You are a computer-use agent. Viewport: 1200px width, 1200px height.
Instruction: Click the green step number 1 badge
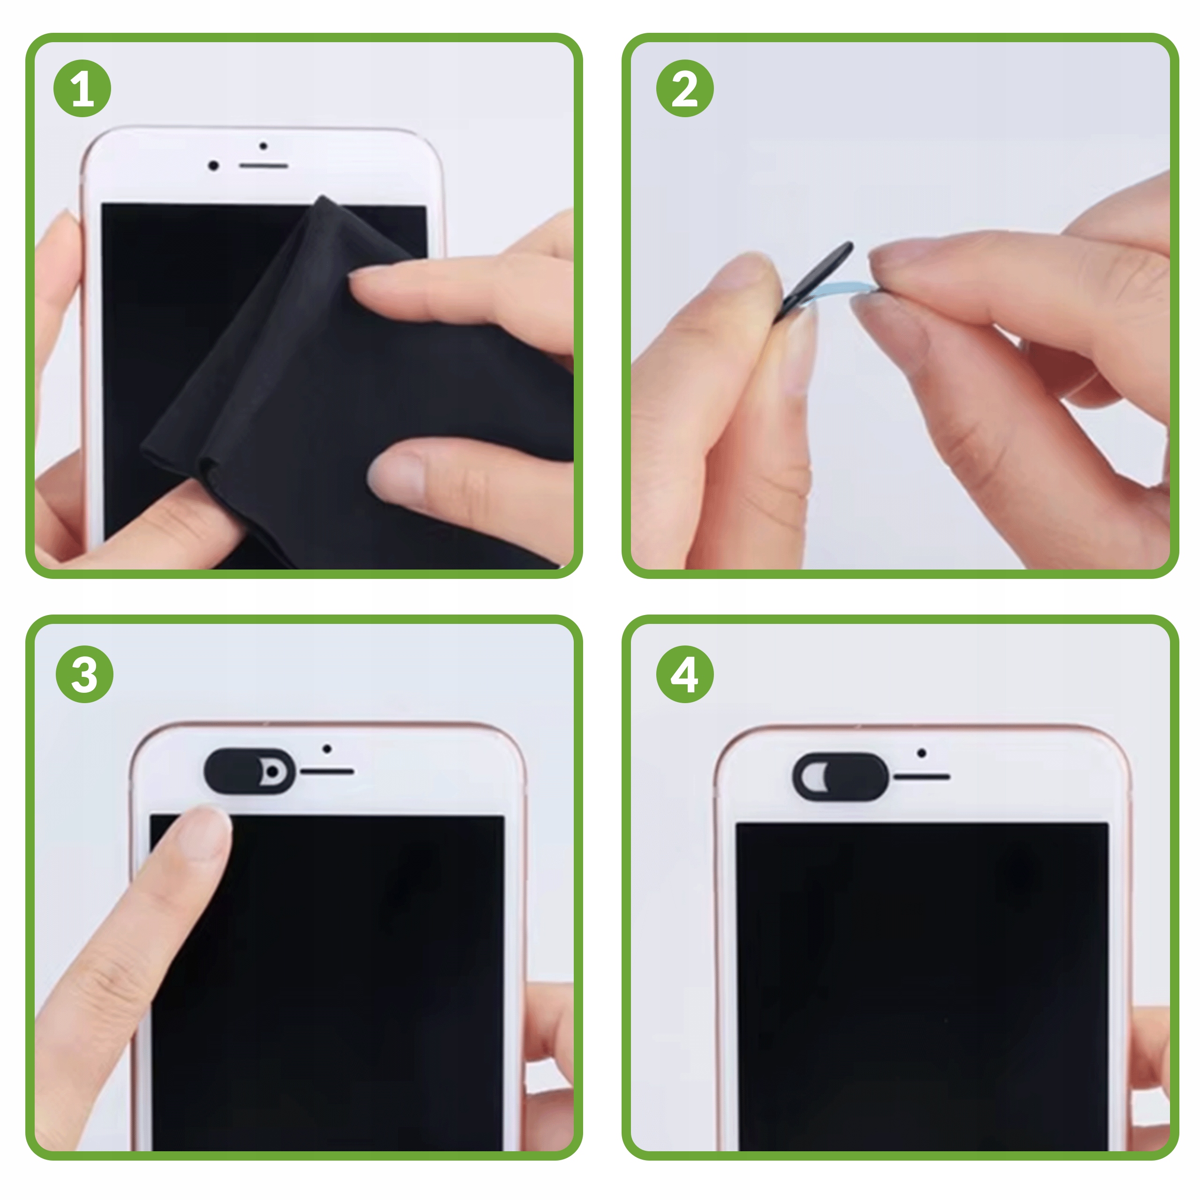82,88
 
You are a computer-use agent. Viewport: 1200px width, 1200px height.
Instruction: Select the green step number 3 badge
84,674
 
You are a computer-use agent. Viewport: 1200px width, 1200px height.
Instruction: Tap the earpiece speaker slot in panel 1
263,166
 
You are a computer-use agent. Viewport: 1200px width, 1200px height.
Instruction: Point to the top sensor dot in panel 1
263,146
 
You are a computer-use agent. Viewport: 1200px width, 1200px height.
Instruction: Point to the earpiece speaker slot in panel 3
327,772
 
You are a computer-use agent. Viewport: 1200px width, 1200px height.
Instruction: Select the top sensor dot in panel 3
327,749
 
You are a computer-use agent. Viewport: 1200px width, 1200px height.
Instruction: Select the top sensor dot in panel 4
922,753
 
